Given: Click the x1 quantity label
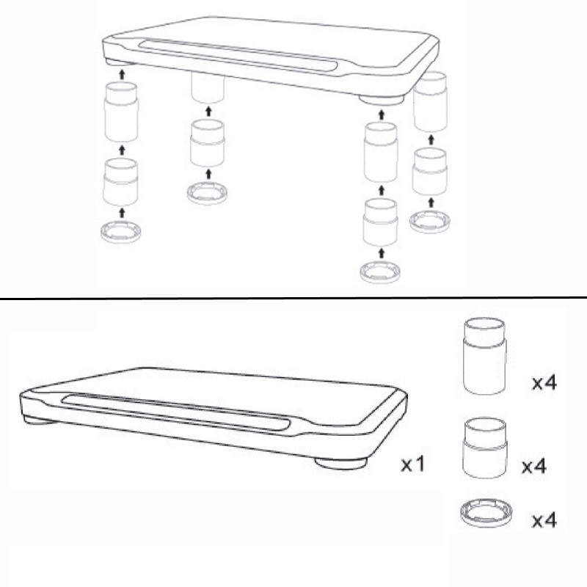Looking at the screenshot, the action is point(413,464).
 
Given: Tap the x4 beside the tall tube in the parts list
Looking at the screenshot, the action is point(544,383).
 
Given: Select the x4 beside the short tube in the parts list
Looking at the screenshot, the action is point(534,466).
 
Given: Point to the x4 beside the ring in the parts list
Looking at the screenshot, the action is point(544,520).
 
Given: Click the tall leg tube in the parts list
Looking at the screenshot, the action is point(485,356).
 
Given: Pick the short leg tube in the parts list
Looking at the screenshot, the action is point(486,448).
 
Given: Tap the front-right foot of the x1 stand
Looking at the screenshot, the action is point(340,464).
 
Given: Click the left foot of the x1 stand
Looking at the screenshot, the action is point(39,420).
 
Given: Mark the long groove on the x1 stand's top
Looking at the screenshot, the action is point(176,414).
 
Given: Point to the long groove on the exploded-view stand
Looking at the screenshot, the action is point(238,55).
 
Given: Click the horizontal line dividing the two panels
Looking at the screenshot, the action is point(293,299).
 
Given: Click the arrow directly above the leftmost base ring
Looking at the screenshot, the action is point(122,213).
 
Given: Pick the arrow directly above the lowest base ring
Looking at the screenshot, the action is point(382,253).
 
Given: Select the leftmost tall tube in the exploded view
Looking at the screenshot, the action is point(121,112).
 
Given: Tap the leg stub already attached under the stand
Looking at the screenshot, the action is point(208,87).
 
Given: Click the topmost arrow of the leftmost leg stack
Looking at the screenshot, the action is point(122,75).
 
